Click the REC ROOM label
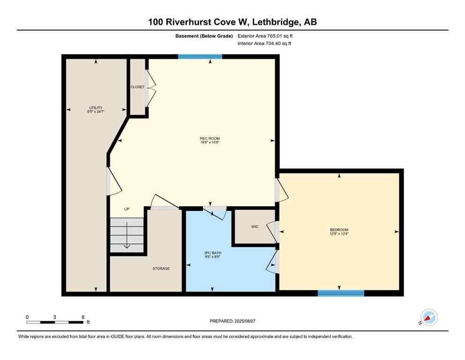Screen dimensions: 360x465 (209, 138)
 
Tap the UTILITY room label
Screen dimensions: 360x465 (96, 108)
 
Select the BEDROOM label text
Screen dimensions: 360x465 (339, 229)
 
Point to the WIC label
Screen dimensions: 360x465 (255, 226)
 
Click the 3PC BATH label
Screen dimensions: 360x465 (209, 253)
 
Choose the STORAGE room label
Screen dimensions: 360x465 (161, 269)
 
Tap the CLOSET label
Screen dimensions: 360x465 (138, 87)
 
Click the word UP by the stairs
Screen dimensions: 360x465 (126, 209)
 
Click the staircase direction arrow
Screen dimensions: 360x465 (126, 236)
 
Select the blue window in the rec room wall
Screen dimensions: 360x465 (200, 57)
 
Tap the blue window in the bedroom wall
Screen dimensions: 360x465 (341, 293)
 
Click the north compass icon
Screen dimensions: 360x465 (429, 317)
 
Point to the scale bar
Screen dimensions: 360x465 (55, 322)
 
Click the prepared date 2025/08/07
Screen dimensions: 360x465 (232, 321)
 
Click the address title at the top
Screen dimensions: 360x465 (232, 22)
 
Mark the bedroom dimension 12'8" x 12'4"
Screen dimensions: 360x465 (339, 233)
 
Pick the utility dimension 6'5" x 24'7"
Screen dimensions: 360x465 (96, 112)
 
